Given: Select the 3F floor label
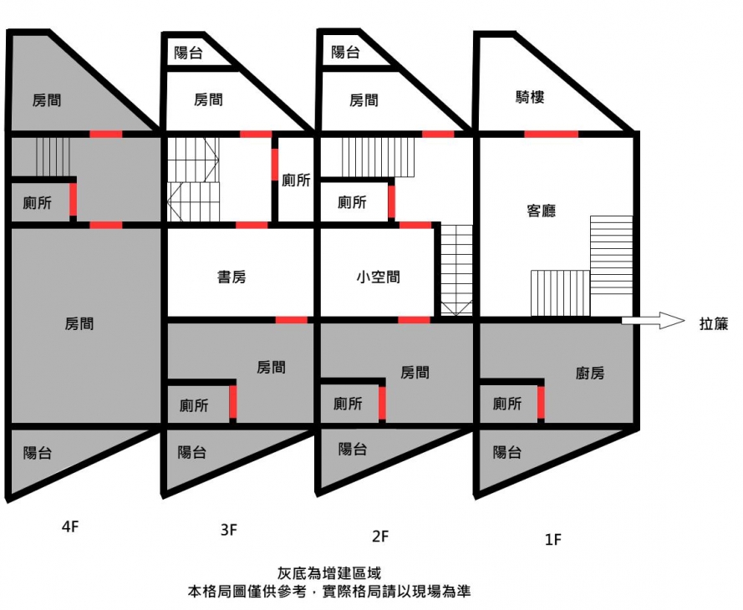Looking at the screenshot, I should click(228, 529).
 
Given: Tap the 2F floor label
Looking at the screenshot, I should click(381, 535).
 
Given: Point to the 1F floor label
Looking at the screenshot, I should click(552, 540).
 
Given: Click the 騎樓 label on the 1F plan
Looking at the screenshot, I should click(530, 98).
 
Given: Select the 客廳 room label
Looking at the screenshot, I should click(541, 211).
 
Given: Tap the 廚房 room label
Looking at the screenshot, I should click(590, 374).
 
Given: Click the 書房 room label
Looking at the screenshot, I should click(232, 277).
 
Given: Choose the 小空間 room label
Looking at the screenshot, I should click(378, 277).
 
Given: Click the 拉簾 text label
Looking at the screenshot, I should click(713, 324).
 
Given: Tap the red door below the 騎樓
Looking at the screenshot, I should click(551, 133).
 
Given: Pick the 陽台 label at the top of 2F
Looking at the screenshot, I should click(345, 53).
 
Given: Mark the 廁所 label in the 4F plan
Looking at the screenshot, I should click(38, 203).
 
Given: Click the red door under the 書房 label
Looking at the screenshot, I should click(291, 319).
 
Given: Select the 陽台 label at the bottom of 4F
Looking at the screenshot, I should click(38, 453).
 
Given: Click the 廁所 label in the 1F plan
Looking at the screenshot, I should click(507, 404).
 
